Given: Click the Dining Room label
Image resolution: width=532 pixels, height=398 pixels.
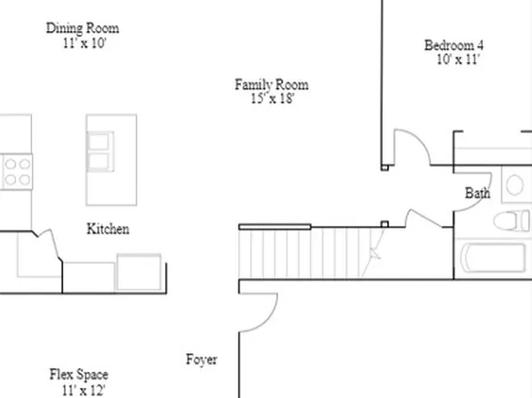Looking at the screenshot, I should click(82, 29).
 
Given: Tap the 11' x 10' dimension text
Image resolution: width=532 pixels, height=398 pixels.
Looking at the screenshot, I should click(82, 42).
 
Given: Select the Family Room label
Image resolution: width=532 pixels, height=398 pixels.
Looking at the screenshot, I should click(271, 86).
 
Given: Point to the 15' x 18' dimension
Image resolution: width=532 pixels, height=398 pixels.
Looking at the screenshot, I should click(272, 99).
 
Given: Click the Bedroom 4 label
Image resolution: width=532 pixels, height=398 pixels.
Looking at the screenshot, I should click(454, 46).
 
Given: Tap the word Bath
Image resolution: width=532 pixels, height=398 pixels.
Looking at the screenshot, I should click(478, 193).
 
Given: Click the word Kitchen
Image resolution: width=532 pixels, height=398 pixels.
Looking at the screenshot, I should click(107, 229).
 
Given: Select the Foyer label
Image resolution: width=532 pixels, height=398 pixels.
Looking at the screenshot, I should click(201, 361).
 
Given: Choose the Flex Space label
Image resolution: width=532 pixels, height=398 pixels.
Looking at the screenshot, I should click(79, 376).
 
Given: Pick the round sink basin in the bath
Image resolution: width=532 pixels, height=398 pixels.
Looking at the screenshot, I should click(515, 186).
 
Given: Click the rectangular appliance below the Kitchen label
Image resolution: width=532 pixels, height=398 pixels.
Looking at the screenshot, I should click(138, 272).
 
